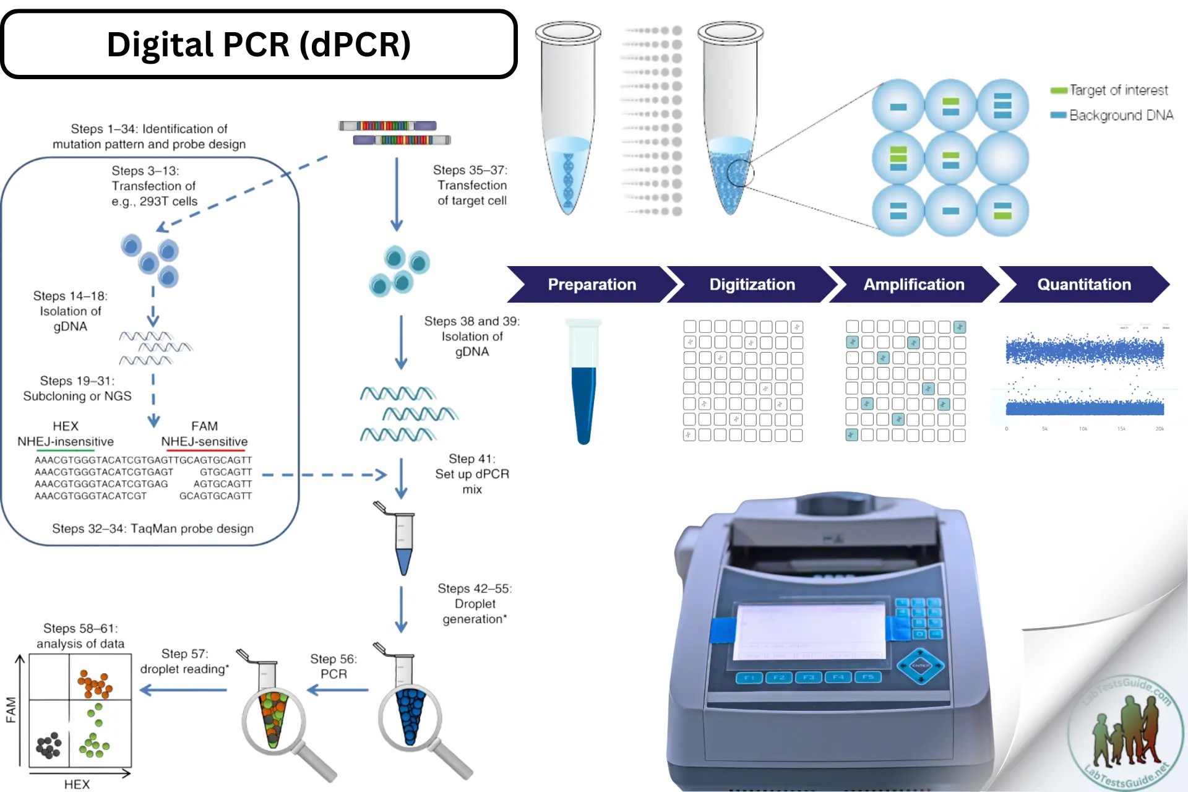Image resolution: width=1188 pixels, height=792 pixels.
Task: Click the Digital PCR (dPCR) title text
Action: [x=259, y=45]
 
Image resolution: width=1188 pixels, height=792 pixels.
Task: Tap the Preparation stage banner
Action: [x=592, y=285]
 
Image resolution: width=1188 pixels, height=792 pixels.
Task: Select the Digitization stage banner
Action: [x=752, y=285]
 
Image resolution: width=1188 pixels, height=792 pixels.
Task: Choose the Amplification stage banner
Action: [x=914, y=285]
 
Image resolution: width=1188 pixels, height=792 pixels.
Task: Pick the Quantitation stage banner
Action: [x=1084, y=285]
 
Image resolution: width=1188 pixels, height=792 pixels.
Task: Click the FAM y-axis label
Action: [x=11, y=710]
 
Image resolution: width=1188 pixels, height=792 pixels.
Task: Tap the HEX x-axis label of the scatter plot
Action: [x=77, y=784]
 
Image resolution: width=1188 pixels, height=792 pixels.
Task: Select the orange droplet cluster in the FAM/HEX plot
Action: [x=95, y=684]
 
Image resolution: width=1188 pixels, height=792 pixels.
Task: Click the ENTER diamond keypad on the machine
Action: [x=920, y=666]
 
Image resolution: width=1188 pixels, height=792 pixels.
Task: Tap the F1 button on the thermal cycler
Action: [x=749, y=678]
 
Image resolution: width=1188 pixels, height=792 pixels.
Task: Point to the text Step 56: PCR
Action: [x=334, y=666]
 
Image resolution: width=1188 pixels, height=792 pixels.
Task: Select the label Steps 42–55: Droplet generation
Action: [x=475, y=603]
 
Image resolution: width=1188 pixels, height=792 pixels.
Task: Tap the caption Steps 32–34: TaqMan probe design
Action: [x=153, y=528]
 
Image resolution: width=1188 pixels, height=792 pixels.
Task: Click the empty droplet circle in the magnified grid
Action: [x=1002, y=158]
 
